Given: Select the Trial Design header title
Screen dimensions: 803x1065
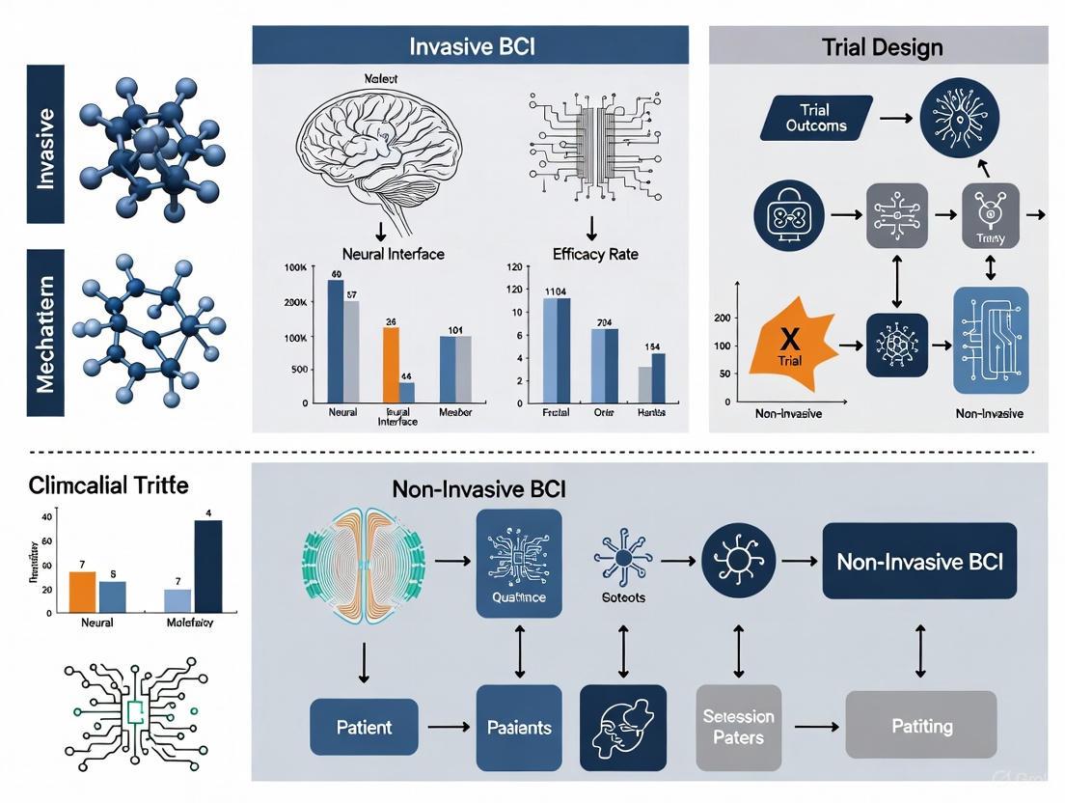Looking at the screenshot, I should (x=882, y=45).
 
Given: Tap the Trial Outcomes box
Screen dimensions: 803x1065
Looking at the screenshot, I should (x=816, y=118).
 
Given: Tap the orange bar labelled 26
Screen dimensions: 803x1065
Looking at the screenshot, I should (x=391, y=364).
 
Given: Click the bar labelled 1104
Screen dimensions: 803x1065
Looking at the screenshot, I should (x=557, y=349).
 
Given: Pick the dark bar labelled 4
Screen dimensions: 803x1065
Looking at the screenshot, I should (x=208, y=567).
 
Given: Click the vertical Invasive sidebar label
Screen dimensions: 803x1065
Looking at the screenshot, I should (x=45, y=144).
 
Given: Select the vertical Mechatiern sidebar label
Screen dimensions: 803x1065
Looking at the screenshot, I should (x=45, y=332).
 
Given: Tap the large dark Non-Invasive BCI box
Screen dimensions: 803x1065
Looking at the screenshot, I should (x=919, y=561).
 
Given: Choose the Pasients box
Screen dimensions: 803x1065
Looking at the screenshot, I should (x=519, y=727).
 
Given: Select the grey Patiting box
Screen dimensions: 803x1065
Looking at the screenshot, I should (x=921, y=725).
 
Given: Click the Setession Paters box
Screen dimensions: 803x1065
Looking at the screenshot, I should (x=738, y=727).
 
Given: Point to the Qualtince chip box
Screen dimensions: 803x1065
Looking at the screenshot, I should (x=519, y=564).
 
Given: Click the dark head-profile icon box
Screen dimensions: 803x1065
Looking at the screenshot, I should (x=623, y=727).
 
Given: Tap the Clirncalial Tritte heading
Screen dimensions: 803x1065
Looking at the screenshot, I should (x=107, y=485).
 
